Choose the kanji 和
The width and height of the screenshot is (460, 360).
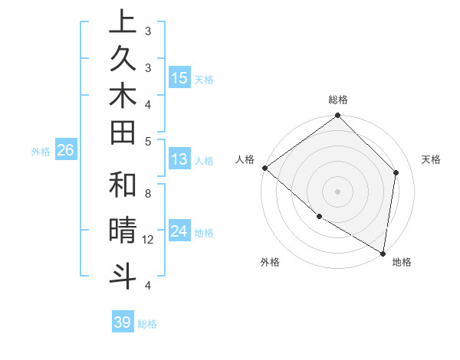click(x=123, y=185)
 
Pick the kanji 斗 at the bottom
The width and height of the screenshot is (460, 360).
click(x=123, y=275)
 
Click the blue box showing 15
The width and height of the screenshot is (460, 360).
click(x=179, y=77)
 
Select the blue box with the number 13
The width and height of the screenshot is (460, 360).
click(x=179, y=159)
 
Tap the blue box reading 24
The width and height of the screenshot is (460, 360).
click(x=179, y=230)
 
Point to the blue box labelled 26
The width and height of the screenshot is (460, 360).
click(x=66, y=150)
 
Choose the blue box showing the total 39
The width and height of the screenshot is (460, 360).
click(x=123, y=322)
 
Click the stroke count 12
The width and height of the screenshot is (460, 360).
click(x=148, y=240)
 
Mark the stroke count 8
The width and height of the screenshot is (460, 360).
click(x=147, y=194)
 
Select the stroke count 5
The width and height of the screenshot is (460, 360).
click(x=147, y=140)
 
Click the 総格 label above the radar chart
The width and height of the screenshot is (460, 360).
click(x=337, y=100)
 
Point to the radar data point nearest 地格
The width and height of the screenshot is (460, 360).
click(x=383, y=253)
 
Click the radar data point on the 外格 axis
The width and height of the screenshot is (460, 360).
click(x=319, y=216)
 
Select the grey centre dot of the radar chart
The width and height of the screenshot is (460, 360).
click(x=337, y=191)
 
